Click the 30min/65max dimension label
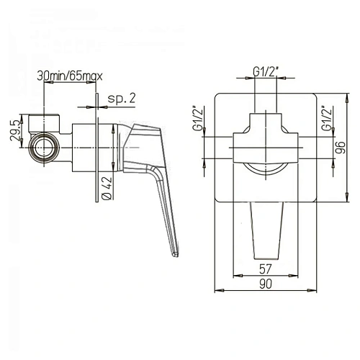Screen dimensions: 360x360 click(70, 76)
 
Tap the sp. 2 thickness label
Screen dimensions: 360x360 click(122, 99)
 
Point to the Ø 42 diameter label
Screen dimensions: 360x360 click(107, 188)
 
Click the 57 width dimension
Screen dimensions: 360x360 click(266, 269)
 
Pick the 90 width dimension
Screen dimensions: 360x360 click(266, 284)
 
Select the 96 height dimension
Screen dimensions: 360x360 click(340, 148)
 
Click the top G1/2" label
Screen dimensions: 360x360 click(266, 72)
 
